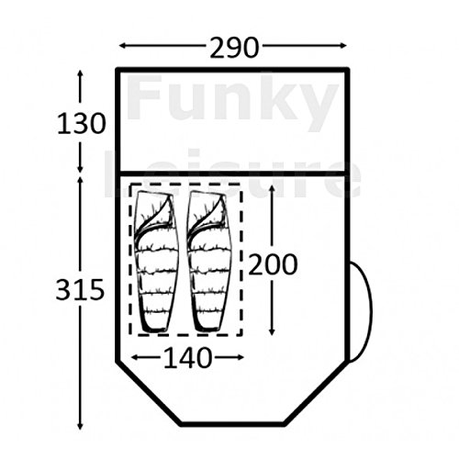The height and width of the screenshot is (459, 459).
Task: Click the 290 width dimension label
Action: (234, 48)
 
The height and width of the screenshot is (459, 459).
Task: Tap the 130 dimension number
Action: (82, 124)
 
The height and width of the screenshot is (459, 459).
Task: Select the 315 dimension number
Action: (80, 290)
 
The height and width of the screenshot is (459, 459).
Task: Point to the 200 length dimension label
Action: (273, 264)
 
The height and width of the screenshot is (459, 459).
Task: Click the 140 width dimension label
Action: (187, 358)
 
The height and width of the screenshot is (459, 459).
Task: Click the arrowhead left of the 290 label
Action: (123, 46)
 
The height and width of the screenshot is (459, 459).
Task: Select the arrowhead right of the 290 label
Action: (342, 46)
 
